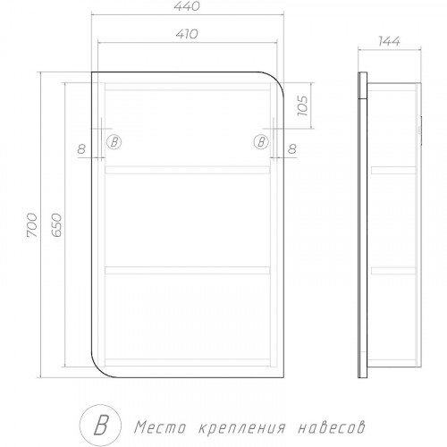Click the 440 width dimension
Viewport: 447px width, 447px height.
(187, 6)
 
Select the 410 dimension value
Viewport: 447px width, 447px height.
(187, 34)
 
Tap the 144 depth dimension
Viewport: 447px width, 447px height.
(389, 41)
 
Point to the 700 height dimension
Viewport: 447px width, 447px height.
(32, 225)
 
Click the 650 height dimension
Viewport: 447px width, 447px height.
(56, 225)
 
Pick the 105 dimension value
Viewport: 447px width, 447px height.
(302, 105)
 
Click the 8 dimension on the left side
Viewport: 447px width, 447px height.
(81, 148)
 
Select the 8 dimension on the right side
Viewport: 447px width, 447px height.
(292, 148)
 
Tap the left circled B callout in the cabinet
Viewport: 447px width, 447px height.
(114, 142)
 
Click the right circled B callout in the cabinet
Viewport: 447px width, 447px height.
(261, 142)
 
